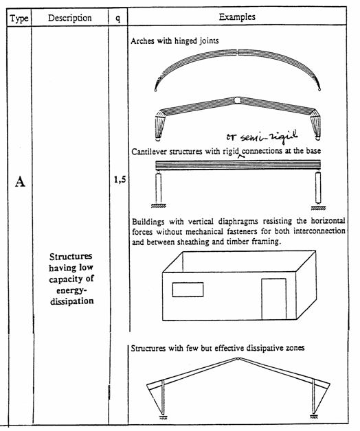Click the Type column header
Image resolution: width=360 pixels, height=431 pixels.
[19, 19]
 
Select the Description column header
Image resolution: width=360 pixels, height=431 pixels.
[69, 18]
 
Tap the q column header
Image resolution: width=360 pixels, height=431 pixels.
[117, 19]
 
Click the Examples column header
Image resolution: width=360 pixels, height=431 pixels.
[237, 16]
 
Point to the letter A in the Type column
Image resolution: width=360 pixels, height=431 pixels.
[20, 181]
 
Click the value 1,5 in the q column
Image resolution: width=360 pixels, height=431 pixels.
[120, 180]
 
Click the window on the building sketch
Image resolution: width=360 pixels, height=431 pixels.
[188, 290]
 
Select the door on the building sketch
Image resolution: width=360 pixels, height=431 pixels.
[274, 299]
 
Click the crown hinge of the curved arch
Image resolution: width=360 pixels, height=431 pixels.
[238, 52]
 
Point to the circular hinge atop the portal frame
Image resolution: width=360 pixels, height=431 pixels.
[237, 100]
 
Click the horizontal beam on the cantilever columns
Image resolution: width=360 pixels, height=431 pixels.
[238, 165]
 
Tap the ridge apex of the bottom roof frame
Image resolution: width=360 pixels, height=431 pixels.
[238, 358]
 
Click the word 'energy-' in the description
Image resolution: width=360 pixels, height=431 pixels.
[71, 290]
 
